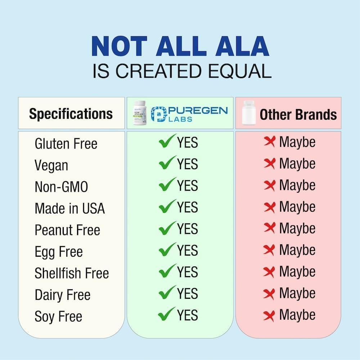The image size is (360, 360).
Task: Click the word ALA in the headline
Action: pos(242,46)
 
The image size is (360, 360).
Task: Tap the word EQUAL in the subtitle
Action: pos(239,71)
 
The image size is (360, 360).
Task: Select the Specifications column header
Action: pos(71,114)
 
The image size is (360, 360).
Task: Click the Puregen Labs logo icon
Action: pos(158,114)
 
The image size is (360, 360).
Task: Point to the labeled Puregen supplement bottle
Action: pos(140,113)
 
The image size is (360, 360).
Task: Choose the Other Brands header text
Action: pos(298,114)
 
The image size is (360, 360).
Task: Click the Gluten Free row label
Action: pos(66,144)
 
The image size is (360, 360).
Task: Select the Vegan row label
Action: pos(51,166)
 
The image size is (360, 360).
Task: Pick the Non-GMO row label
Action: pos(61,186)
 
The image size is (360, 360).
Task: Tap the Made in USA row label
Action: pos(70,208)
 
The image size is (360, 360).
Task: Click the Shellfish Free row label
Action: pos(72,273)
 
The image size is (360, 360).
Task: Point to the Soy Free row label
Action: pos(58,316)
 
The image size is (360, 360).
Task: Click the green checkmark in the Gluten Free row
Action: pos(168,141)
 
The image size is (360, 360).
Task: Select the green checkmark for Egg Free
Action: pos(168,249)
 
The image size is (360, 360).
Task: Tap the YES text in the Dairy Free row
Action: pos(187,294)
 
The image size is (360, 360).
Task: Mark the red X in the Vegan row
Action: pos(269,163)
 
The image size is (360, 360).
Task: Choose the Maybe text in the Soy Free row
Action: pos(297,315)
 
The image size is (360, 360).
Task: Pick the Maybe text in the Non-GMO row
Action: pos(297,185)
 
